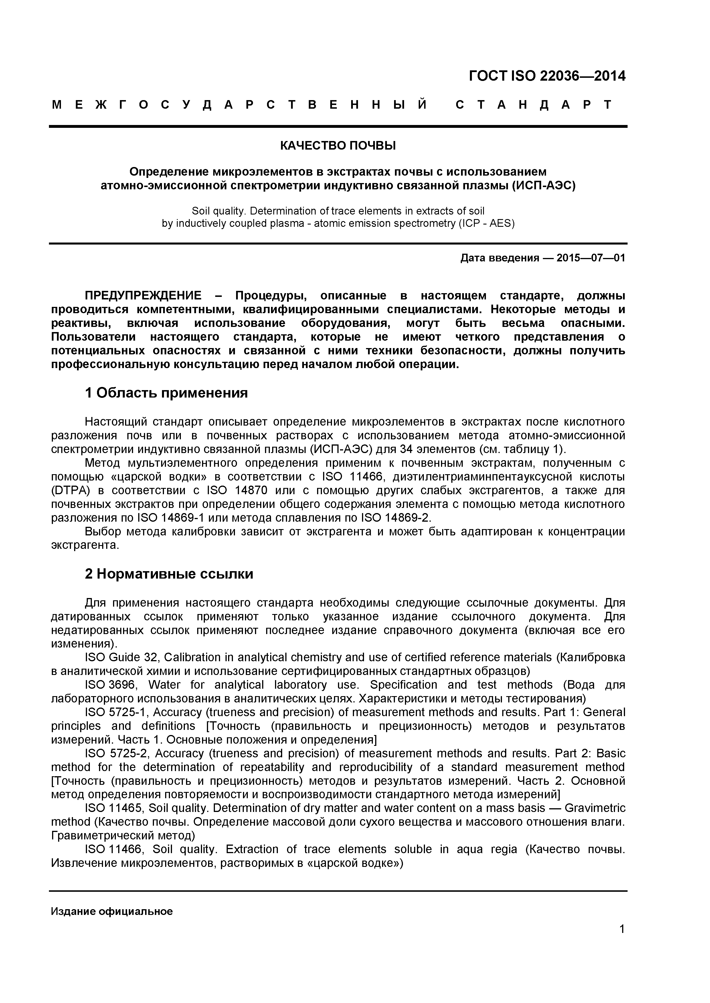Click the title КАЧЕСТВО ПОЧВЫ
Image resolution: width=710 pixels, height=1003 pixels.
pos(337,146)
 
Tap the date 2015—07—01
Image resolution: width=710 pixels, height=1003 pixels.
pos(590,258)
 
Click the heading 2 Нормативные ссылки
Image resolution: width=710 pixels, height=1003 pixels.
pos(169,574)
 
